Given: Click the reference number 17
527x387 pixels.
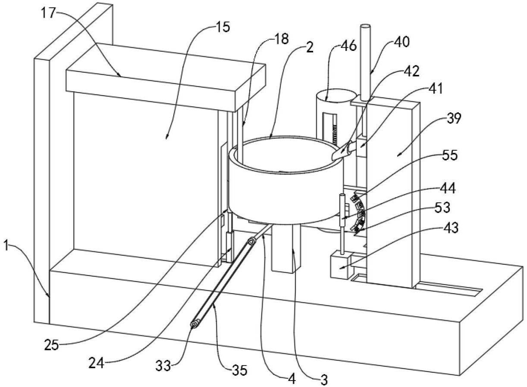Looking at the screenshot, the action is [49, 13].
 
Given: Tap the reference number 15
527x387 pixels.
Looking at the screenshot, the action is [223, 27].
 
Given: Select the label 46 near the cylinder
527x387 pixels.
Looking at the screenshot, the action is [348, 46].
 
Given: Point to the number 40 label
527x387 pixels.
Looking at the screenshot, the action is [402, 42].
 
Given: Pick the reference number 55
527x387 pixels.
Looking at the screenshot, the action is [450, 155].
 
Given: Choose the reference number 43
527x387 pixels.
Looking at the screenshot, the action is [450, 228].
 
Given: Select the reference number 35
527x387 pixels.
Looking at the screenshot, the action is [239, 370].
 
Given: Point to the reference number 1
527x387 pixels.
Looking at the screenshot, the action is [6, 247].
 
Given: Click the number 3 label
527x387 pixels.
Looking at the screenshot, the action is [324, 380].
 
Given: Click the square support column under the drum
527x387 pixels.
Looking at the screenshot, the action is [286, 248].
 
